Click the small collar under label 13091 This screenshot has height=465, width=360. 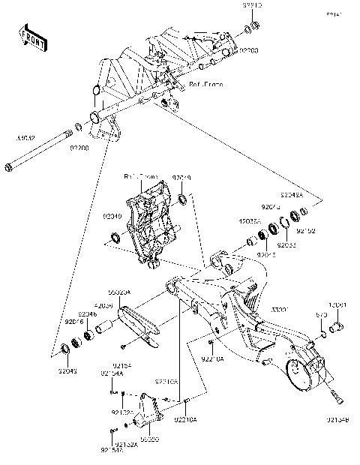click(x=336, y=325)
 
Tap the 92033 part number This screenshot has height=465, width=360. click(x=286, y=244)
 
